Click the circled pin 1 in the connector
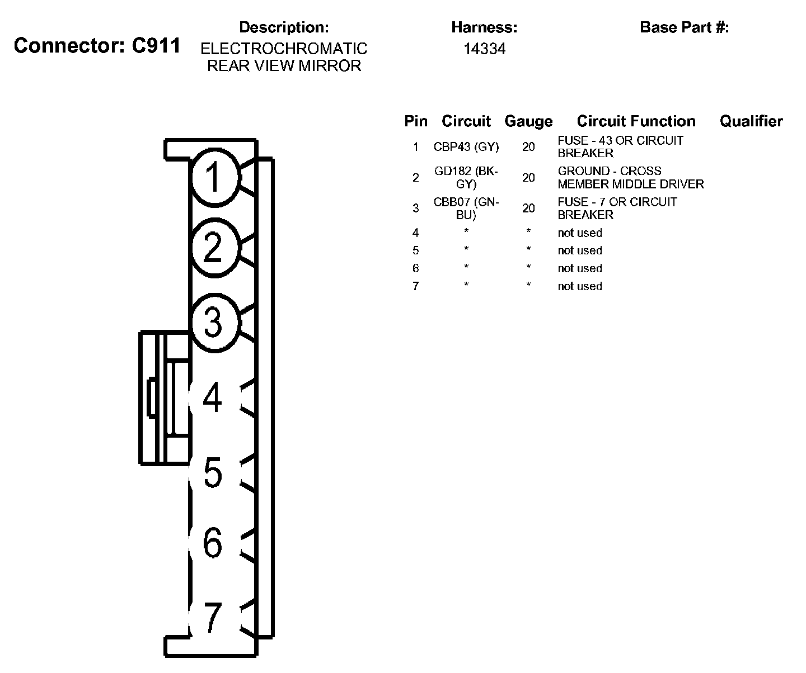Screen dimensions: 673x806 pos(214,178)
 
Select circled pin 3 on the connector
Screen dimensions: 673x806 pos(214,323)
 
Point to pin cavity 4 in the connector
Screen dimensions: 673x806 pos(213,398)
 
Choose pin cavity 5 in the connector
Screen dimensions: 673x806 pos(213,473)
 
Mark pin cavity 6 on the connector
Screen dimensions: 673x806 pos(213,543)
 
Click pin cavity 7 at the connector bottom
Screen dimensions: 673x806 pos(213,618)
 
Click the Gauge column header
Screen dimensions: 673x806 pos(528,121)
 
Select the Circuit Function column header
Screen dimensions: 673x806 pos(636,121)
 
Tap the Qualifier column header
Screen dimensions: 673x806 pos(751,121)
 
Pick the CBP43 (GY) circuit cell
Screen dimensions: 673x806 pos(466,147)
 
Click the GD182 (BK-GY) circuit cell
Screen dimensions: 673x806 pos(466,177)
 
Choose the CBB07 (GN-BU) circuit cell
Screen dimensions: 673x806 pos(466,208)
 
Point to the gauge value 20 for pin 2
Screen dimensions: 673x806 pos(528,178)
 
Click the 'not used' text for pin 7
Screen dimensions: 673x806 pos(580,286)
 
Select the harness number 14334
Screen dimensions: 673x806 pos(484,49)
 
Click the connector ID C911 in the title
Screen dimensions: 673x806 pos(156,46)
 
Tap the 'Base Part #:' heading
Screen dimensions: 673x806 pos(684,27)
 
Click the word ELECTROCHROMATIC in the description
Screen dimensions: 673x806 pos(284,49)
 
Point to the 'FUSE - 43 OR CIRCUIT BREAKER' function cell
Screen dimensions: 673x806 pos(620,146)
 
